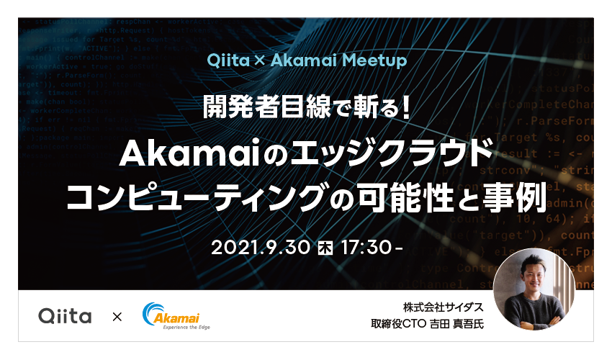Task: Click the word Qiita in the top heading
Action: point(225,60)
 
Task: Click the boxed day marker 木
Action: point(323,247)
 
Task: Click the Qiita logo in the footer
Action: point(64,316)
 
